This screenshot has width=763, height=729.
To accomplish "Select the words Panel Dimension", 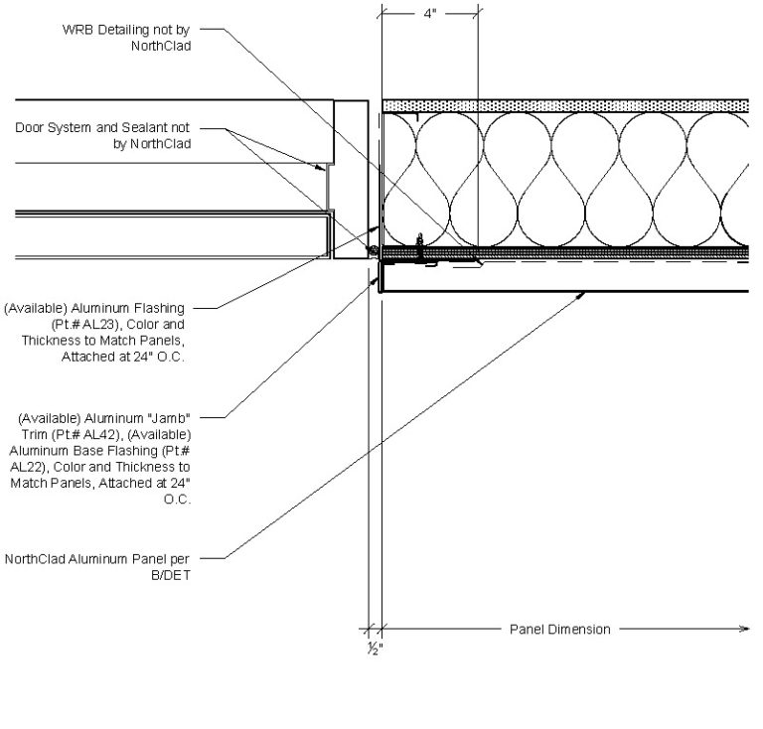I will pos(559,629).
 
